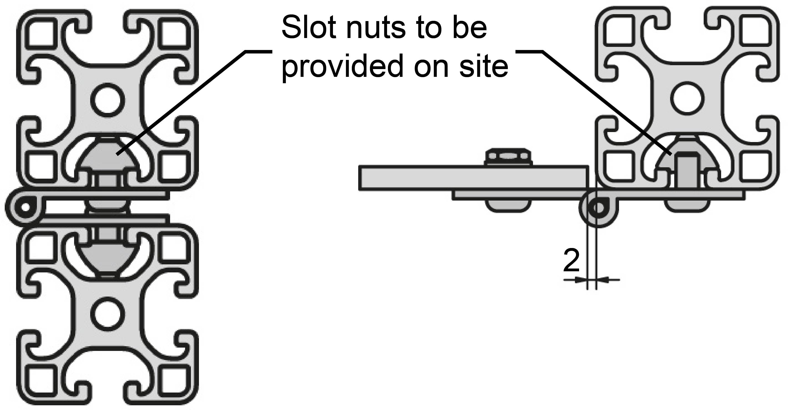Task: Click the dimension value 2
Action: click(571, 261)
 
